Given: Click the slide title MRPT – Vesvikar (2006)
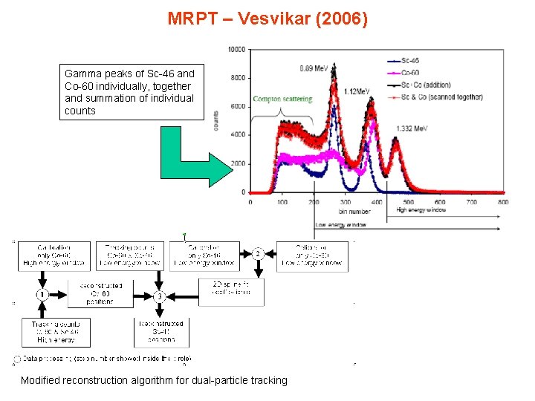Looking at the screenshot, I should pyautogui.click(x=267, y=18).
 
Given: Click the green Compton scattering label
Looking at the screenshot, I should pyautogui.click(x=282, y=99).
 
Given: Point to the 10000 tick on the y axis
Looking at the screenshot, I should pyautogui.click(x=236, y=50).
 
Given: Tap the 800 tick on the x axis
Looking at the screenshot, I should pyautogui.click(x=503, y=201).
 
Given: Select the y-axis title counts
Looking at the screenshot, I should pyautogui.click(x=216, y=121).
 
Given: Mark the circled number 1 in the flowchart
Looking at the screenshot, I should pyautogui.click(x=43, y=295).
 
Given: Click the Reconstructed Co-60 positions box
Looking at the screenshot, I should pyautogui.click(x=101, y=293).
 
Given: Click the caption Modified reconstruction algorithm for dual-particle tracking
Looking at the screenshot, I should pyautogui.click(x=154, y=380).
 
